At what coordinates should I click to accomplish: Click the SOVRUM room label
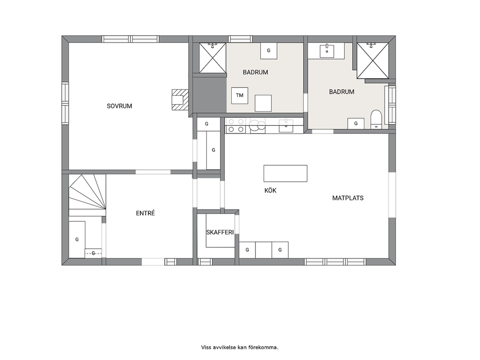point(120,106)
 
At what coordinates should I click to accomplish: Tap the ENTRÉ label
point(146,213)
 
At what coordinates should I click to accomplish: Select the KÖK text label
point(270,191)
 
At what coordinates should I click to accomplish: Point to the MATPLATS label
point(348,198)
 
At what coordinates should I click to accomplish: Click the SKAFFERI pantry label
point(220,232)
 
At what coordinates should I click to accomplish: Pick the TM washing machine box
point(240,95)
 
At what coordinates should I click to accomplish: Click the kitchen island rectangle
point(285,173)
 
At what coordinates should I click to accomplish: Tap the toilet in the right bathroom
point(376,120)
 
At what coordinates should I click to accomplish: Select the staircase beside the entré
point(87,192)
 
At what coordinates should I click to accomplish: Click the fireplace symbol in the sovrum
point(180,100)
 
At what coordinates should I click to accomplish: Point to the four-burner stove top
point(236,125)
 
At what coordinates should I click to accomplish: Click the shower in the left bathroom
point(213,58)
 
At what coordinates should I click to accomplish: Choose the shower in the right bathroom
point(373,60)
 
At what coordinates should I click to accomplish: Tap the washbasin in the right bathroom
point(327,51)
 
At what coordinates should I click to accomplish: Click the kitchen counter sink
point(286,126)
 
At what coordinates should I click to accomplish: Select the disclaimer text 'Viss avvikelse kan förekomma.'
point(240,347)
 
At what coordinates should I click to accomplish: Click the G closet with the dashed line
point(93,253)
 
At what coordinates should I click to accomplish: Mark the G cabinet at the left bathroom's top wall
point(269,51)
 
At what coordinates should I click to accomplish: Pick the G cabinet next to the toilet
point(356,124)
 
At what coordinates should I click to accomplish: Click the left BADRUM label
point(255,72)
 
